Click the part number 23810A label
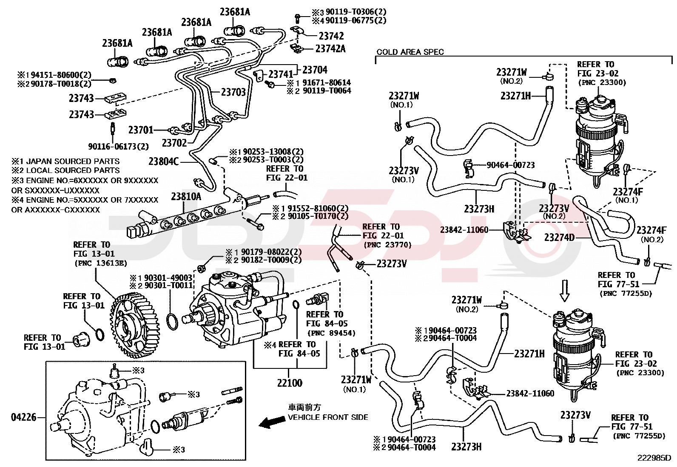(x=186, y=197)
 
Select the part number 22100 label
(x=290, y=383)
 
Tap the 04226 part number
(x=24, y=417)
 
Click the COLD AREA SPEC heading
(x=410, y=52)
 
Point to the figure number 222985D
(x=654, y=458)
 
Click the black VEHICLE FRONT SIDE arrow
(x=272, y=422)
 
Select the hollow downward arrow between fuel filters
(x=564, y=290)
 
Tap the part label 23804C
(x=164, y=161)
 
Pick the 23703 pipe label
(x=233, y=92)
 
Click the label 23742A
(x=330, y=49)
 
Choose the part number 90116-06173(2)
(x=118, y=147)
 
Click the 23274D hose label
(x=559, y=238)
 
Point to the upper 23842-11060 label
(x=464, y=230)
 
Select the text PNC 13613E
(x=101, y=263)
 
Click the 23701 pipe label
(x=141, y=130)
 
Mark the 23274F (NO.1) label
(x=628, y=192)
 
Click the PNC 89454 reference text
(x=331, y=333)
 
